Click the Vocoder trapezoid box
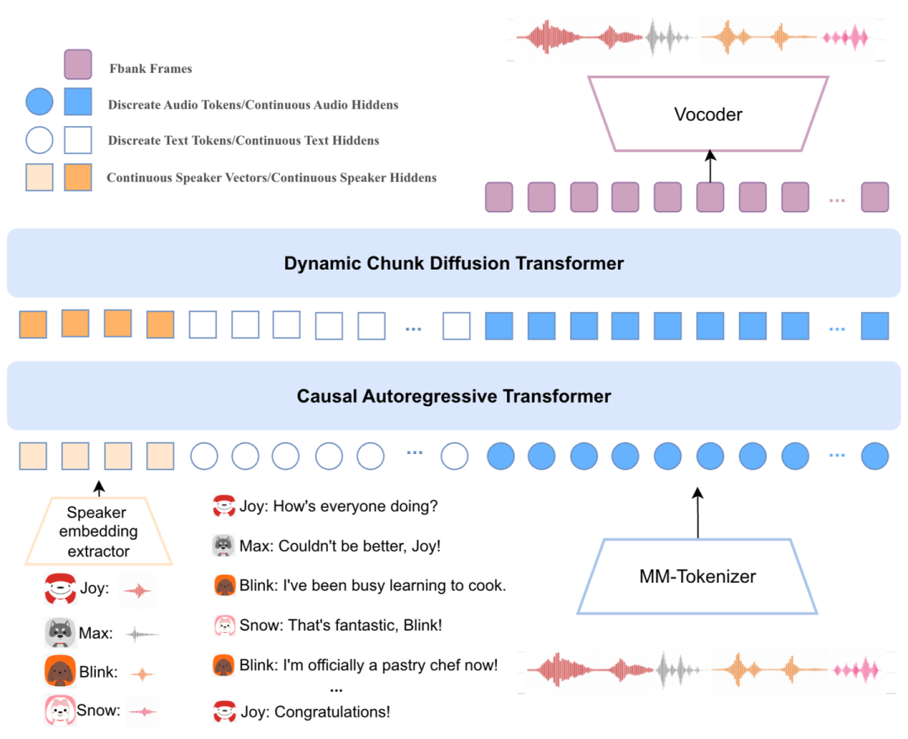(708, 114)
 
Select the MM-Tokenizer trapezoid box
(697, 576)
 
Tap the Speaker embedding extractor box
(98, 531)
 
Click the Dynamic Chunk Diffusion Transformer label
(454, 263)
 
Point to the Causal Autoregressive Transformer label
(454, 396)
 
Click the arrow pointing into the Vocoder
(710, 166)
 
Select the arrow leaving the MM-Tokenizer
(698, 513)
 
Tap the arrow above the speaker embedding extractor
(99, 488)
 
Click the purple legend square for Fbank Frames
(77, 64)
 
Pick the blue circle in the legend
(40, 102)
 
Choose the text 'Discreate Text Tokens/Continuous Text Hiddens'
(243, 140)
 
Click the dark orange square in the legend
(77, 177)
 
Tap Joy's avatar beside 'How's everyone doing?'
(224, 505)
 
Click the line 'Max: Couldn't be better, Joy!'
(340, 546)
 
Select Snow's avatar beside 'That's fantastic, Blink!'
(224, 626)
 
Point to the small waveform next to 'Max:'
(142, 634)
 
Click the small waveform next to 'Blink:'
(142, 674)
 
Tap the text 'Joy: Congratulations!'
(315, 712)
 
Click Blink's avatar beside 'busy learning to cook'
(224, 585)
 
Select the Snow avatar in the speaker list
(61, 710)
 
